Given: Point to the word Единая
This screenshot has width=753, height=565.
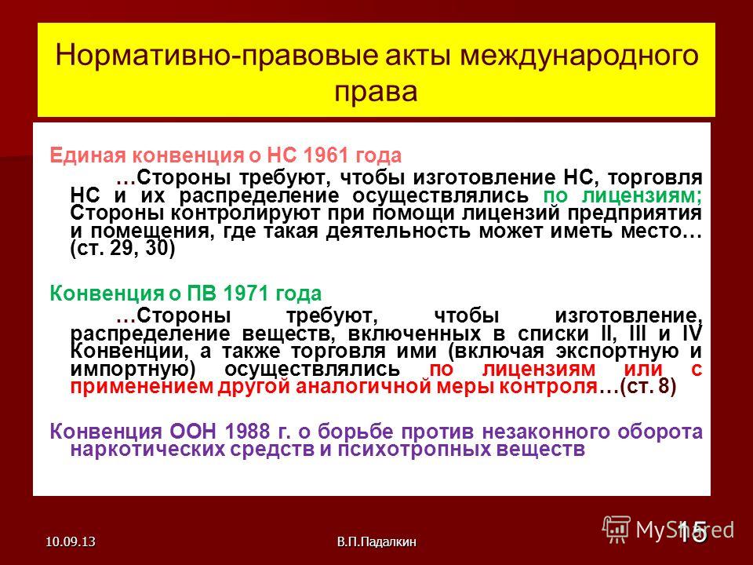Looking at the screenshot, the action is click(x=88, y=155).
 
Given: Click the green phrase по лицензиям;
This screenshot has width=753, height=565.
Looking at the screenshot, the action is click(x=622, y=196).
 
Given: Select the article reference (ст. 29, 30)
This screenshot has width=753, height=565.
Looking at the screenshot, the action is click(x=123, y=249).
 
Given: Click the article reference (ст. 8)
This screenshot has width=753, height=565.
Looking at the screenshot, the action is click(x=649, y=387).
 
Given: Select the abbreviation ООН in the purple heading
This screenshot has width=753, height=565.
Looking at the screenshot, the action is click(x=193, y=431).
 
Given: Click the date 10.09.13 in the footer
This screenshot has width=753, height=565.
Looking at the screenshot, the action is click(x=71, y=542).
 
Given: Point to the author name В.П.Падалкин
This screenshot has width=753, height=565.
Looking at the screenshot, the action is click(x=376, y=542).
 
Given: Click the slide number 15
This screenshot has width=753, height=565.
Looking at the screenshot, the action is click(x=692, y=531).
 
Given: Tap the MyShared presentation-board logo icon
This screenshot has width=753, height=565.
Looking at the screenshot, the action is click(x=617, y=530).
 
